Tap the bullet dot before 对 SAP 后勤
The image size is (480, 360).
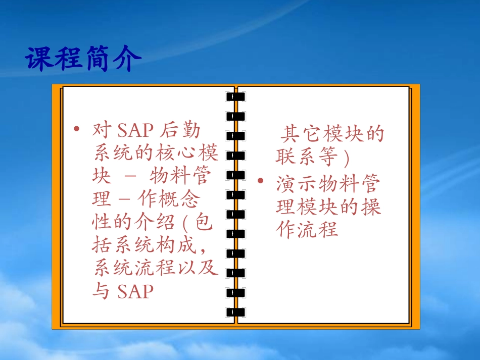tap(76, 129)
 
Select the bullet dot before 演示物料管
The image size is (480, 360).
tap(261, 180)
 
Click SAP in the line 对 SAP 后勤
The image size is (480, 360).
tap(135, 131)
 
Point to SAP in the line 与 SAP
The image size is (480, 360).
tap(135, 291)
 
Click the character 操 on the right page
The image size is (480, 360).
tap(371, 207)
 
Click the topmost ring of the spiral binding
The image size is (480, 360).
tap(235, 96)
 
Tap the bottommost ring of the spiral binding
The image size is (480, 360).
tap(235, 312)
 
